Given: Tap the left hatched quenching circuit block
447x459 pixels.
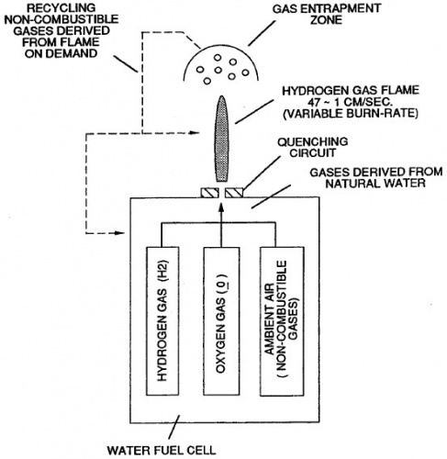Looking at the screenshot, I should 210,193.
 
